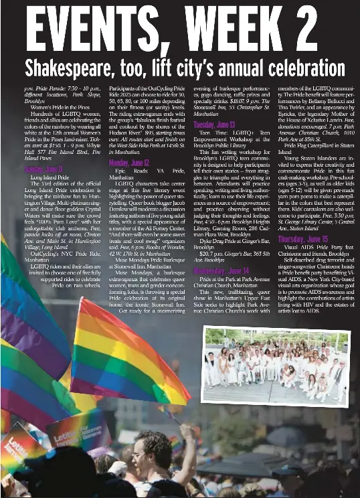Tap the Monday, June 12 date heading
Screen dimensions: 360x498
(129, 163)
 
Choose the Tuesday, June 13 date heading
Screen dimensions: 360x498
(214, 125)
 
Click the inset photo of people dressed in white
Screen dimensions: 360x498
(276, 366)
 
